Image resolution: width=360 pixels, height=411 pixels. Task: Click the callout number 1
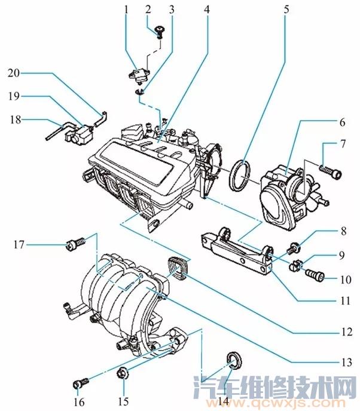pos(126,10)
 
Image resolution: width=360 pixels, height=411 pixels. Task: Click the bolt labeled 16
pos(81,381)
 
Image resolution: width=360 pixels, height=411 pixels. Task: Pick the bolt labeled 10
pos(314,276)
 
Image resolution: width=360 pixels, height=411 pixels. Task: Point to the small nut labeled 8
pos(294,246)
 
